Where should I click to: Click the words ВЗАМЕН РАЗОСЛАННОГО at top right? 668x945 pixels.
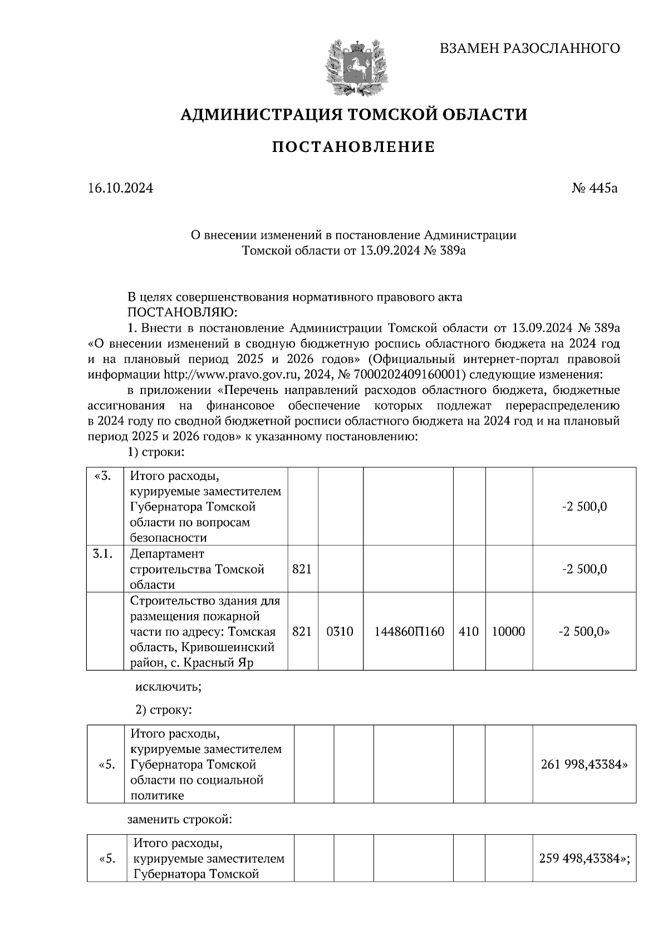[x=529, y=48]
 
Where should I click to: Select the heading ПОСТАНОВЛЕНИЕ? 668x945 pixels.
[x=353, y=147]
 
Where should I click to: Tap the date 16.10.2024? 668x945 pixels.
[x=120, y=188]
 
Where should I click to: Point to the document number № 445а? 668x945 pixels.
[x=595, y=188]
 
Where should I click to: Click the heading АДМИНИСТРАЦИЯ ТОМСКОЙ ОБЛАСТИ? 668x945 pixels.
[x=353, y=115]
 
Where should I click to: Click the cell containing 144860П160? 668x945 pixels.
[x=409, y=632]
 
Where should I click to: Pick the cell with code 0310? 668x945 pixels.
[x=340, y=632]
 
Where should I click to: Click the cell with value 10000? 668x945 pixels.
[x=508, y=632]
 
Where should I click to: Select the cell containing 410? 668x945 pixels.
[x=469, y=632]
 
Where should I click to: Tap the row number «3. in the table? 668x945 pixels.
[x=104, y=476]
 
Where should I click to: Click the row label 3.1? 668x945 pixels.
[x=104, y=554]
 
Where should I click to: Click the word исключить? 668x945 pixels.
[x=169, y=686]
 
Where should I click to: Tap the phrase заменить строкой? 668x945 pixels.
[x=179, y=819]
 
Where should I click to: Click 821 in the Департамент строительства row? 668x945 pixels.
[x=302, y=569]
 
